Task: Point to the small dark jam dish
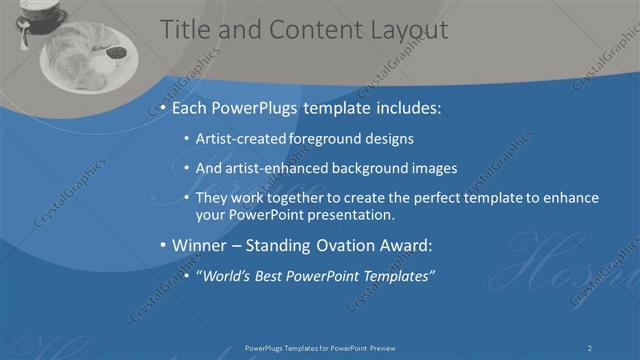(116, 52)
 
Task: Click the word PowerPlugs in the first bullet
(262, 106)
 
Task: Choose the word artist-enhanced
(285, 168)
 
